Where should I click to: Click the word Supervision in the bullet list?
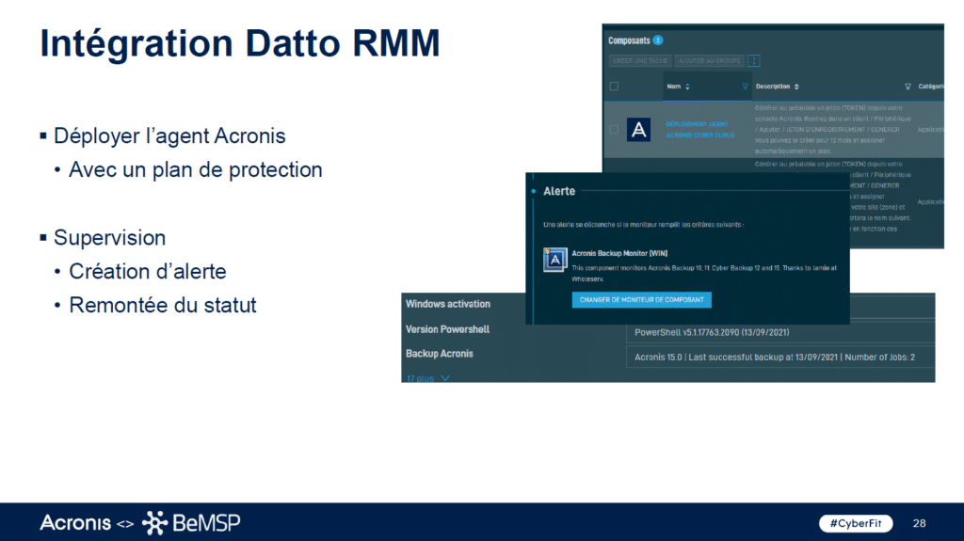pyautogui.click(x=109, y=237)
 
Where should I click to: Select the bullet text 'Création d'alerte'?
pyautogui.click(x=147, y=271)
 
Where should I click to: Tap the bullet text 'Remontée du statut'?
pyautogui.click(x=162, y=305)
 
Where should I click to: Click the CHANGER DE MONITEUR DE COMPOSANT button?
pyautogui.click(x=641, y=299)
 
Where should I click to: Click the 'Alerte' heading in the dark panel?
pyautogui.click(x=559, y=191)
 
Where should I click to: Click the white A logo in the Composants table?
pyautogui.click(x=638, y=130)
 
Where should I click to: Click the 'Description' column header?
pyautogui.click(x=773, y=87)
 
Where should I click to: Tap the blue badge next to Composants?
pyautogui.click(x=658, y=40)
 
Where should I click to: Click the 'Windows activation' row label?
pyautogui.click(x=448, y=304)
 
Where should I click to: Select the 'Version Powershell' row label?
pyautogui.click(x=447, y=329)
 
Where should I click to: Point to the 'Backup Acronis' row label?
pyautogui.click(x=440, y=354)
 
